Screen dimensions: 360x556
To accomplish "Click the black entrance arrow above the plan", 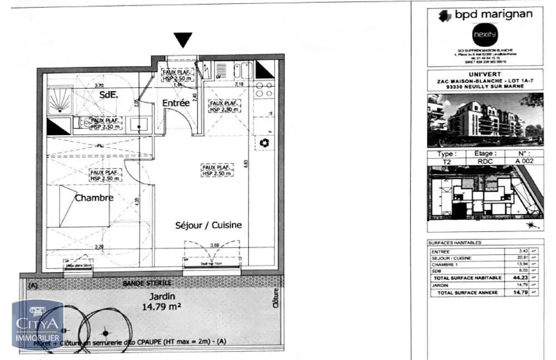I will coord(183,40).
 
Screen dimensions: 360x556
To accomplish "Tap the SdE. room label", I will coord(109,95).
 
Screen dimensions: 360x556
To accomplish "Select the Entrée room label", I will coord(175,103).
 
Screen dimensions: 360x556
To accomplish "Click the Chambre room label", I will coord(94,198).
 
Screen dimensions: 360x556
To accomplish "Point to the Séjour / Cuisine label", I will coord(208,225).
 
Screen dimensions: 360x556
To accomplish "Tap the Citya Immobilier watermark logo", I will coord(38,324).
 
